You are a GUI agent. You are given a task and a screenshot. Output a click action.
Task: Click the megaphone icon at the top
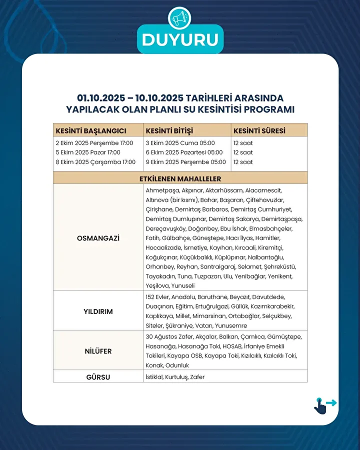pyautogui.click(x=179, y=19)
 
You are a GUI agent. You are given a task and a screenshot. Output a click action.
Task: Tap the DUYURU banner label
pyautogui.click(x=180, y=40)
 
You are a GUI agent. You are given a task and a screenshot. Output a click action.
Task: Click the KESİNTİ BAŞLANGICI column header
pyautogui.click(x=91, y=131)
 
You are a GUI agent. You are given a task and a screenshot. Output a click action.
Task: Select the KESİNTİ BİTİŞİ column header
pyautogui.click(x=169, y=131)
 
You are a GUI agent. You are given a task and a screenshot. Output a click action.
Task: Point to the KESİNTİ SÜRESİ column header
pyautogui.click(x=259, y=131)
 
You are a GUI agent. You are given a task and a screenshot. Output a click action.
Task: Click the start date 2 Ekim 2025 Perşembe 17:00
pyautogui.click(x=94, y=143)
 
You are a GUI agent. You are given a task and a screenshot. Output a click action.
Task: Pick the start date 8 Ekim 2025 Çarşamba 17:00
pyautogui.click(x=95, y=162)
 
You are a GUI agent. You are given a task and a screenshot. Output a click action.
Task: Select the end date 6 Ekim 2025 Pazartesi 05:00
pyautogui.click(x=184, y=152)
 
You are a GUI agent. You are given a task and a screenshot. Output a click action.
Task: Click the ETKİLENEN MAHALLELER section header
pyautogui.click(x=180, y=178)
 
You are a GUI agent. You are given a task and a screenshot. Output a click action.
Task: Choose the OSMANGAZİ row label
pyautogui.click(x=98, y=238)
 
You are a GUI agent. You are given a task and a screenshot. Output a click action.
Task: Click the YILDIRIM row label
pyautogui.click(x=98, y=311)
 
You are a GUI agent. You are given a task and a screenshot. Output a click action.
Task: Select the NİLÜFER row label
pyautogui.click(x=98, y=351)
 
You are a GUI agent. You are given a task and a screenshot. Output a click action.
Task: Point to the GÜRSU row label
pyautogui.click(x=98, y=377)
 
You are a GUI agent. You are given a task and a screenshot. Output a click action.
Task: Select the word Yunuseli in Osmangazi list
pyautogui.click(x=183, y=285)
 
